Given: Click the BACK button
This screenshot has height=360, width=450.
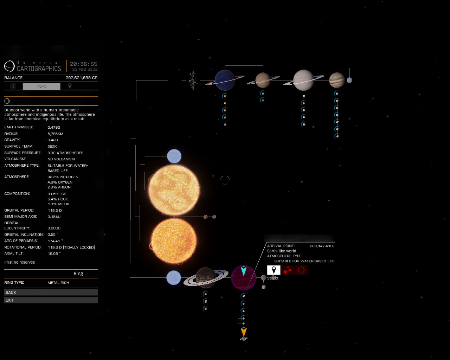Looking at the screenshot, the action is [51, 292].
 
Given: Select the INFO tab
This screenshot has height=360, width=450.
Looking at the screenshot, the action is [41, 86].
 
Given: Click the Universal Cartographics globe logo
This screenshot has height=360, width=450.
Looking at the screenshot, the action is [9, 66].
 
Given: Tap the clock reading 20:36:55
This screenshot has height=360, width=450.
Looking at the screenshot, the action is [84, 64].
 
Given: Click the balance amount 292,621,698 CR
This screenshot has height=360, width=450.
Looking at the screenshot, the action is [82, 78].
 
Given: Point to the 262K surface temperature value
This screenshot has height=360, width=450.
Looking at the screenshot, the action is [52, 147].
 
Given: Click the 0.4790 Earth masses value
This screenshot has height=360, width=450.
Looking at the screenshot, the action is [54, 127].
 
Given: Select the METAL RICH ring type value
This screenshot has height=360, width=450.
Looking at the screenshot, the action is [58, 283].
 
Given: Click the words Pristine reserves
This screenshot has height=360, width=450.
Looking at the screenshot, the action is [20, 262].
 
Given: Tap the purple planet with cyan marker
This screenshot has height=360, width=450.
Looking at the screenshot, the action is [244, 278].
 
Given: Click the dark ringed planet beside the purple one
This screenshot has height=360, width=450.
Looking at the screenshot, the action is [206, 278].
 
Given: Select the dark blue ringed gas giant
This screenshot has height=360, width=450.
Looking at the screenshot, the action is [225, 80].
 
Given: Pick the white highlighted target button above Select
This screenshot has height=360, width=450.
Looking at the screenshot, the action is [274, 270].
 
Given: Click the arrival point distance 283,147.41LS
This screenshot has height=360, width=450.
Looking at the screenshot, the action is [322, 246].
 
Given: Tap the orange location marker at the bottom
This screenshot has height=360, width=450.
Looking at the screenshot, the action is [244, 332].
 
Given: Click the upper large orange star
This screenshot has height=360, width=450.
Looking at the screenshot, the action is [174, 190].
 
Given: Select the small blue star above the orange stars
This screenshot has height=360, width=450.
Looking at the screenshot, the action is [174, 156].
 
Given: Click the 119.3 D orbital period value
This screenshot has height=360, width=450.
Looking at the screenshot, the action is [55, 211].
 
